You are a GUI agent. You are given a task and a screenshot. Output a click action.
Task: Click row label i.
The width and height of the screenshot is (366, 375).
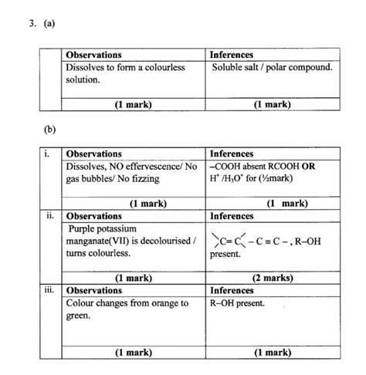(x=49, y=154)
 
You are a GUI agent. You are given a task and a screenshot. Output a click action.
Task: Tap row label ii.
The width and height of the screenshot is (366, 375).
(x=49, y=217)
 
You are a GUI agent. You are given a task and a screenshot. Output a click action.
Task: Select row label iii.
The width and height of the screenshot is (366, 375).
(x=49, y=290)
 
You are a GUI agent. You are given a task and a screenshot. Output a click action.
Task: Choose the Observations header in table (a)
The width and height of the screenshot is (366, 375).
(x=94, y=55)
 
